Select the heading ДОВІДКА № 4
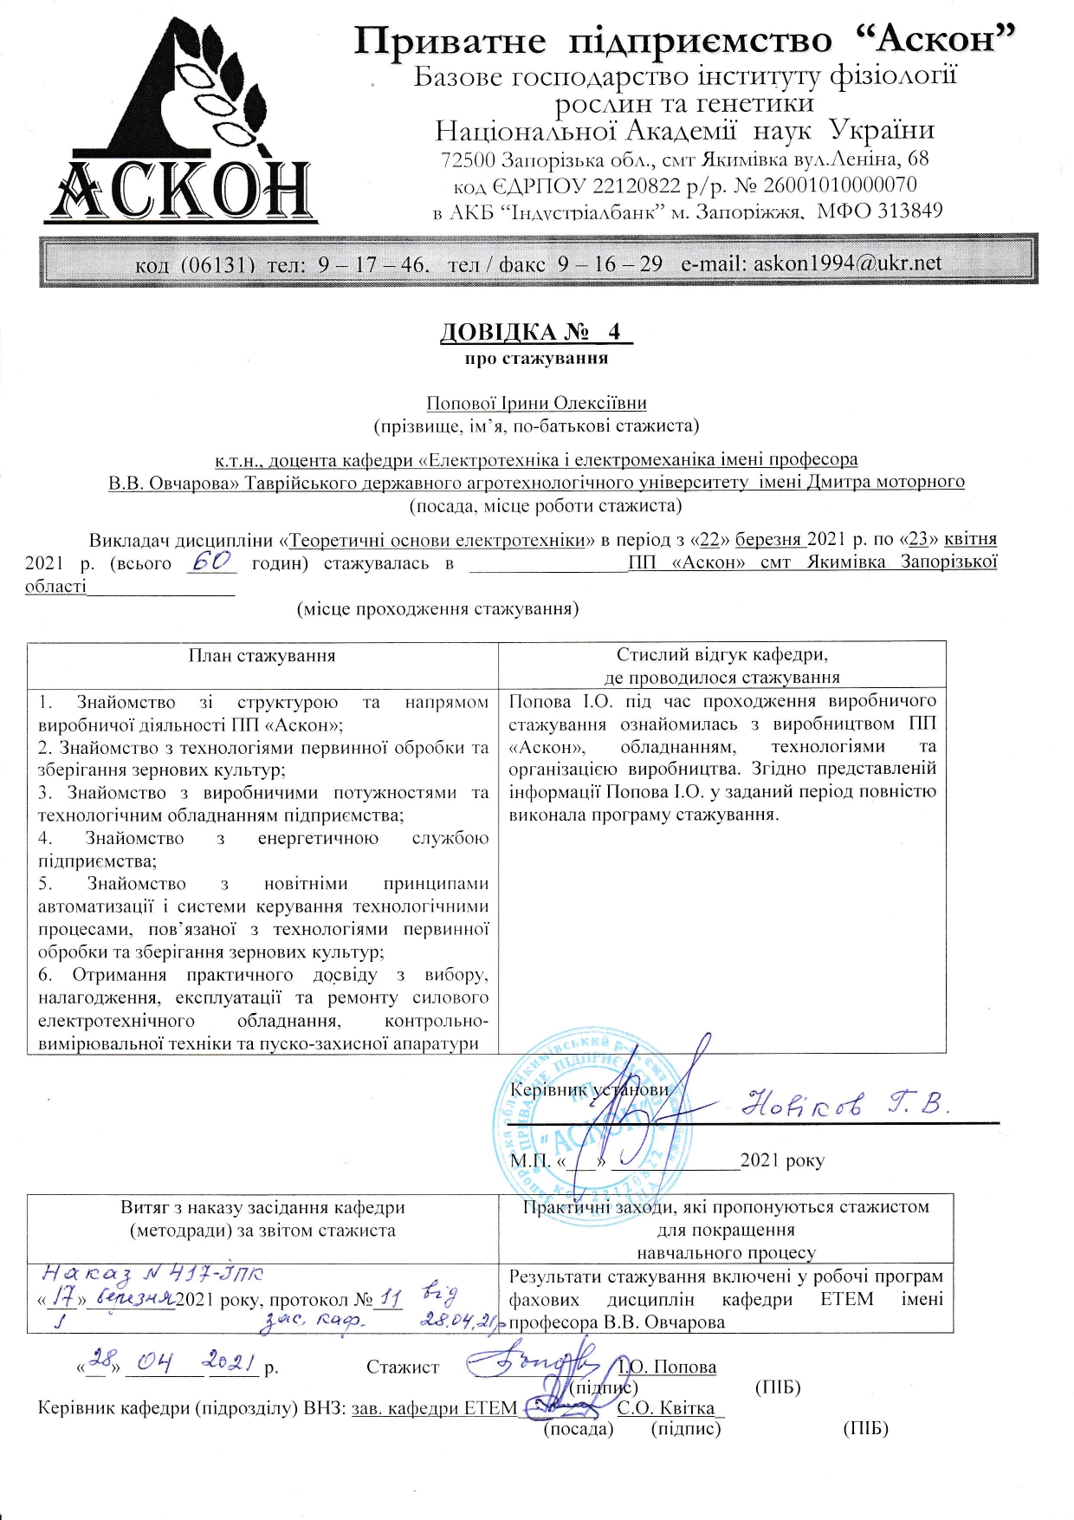pos(536,332)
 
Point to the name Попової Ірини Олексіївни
pos(536,403)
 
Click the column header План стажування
pos(262,656)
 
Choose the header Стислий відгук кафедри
pos(721,655)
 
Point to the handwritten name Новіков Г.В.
pos(847,1102)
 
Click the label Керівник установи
pos(589,1090)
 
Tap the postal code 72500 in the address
pos(469,160)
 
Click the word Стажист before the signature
pos(403,1367)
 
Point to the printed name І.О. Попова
pos(667,1367)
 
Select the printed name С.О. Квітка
pos(666,1408)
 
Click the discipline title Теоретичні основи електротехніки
pos(437,540)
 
